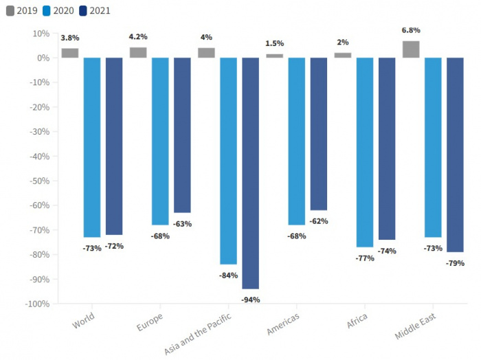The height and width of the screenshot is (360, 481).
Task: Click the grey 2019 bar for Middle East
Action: click(x=411, y=49)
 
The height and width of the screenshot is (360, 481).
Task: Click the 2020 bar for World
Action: click(x=92, y=147)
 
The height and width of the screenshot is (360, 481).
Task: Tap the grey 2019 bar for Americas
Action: click(x=274, y=56)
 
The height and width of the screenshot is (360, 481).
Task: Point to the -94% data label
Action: click(x=251, y=300)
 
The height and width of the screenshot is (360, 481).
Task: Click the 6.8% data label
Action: click(x=411, y=30)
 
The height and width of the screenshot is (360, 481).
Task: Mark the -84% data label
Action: click(x=228, y=275)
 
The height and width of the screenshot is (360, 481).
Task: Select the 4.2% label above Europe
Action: click(x=138, y=36)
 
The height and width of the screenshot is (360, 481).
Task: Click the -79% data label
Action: click(x=455, y=263)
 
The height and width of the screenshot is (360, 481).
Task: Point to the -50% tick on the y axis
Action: click(x=40, y=181)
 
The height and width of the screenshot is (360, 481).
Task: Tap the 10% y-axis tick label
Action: click(x=41, y=33)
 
